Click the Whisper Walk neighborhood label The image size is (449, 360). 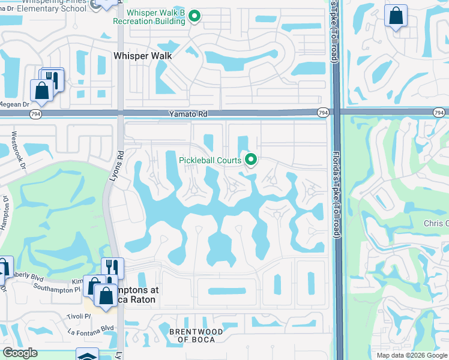click(x=143, y=56)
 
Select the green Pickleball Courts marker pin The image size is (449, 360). click(x=251, y=160)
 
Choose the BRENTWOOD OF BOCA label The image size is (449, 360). click(x=196, y=335)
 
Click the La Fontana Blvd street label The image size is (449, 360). click(x=91, y=328)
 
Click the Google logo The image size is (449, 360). click(x=20, y=353)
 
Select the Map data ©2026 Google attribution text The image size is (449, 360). click(x=411, y=355)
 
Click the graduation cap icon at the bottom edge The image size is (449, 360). click(x=87, y=355)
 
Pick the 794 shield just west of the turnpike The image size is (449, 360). click(x=323, y=113)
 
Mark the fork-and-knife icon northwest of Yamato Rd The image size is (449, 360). click(x=53, y=79)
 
